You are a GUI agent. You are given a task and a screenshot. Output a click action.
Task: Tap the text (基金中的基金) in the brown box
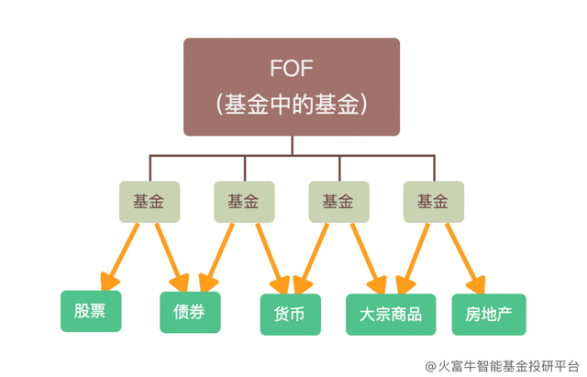click(x=292, y=105)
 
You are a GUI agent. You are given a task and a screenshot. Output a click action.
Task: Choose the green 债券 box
click(x=191, y=312)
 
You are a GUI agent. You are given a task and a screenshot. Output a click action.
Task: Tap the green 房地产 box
click(x=488, y=313)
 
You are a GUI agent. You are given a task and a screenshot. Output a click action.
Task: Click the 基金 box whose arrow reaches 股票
click(x=150, y=200)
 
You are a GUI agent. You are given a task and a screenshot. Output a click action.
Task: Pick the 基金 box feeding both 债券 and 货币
click(x=242, y=200)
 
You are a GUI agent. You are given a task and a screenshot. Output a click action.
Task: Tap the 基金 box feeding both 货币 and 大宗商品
click(x=337, y=200)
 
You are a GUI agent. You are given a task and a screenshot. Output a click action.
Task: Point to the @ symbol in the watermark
click(x=430, y=364)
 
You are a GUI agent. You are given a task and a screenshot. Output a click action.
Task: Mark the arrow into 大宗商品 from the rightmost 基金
click(x=418, y=254)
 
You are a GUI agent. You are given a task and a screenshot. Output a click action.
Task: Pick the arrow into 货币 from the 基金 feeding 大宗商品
click(x=316, y=254)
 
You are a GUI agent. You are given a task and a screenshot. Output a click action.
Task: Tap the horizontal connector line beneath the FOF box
click(x=292, y=157)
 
